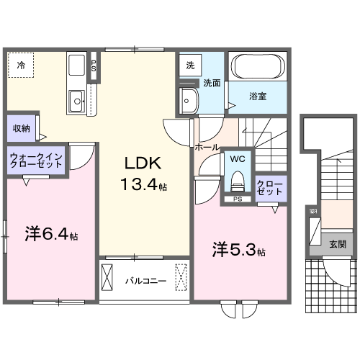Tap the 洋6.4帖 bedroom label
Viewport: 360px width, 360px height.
tap(50, 234)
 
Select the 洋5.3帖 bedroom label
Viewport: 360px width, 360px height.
tap(238, 251)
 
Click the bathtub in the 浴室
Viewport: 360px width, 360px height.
tap(259, 69)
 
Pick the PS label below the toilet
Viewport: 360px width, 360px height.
tap(238, 199)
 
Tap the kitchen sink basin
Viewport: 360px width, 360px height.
tap(76, 102)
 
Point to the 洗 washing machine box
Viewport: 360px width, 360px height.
tap(190, 66)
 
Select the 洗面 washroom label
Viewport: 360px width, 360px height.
tap(211, 82)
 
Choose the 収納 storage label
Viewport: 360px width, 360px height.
tap(21, 128)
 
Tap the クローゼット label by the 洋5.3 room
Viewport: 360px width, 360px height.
tap(271, 189)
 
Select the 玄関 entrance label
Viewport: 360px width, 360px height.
tap(337, 244)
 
